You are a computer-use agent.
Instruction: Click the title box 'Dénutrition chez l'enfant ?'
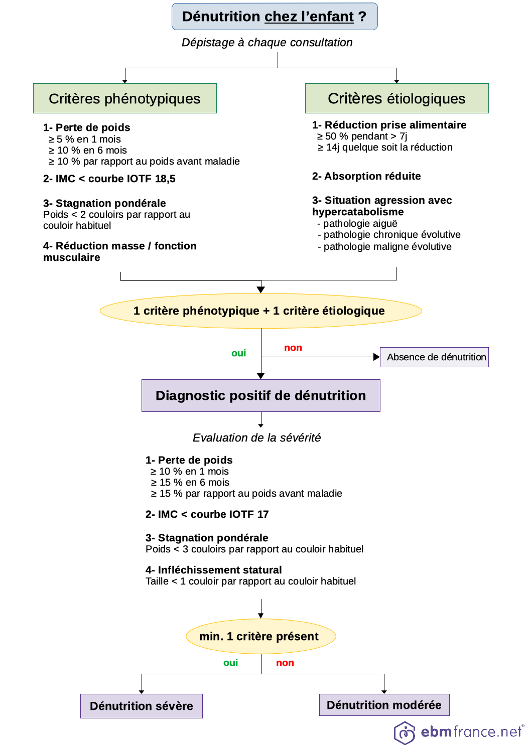(275, 17)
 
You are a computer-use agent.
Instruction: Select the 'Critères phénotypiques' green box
(124, 98)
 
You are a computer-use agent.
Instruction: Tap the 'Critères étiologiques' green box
(397, 98)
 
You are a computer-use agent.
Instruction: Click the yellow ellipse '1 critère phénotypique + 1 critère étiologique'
(260, 311)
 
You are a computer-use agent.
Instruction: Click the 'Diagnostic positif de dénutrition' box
(260, 395)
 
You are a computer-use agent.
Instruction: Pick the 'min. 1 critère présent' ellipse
(260, 636)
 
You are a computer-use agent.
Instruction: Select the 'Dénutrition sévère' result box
(141, 706)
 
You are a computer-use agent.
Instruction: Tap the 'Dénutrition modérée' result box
(384, 705)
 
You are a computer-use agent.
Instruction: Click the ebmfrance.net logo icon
(405, 732)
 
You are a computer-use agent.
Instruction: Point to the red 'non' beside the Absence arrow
(293, 348)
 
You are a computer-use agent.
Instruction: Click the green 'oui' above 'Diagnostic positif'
(238, 353)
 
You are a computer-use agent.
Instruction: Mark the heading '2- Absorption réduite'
(366, 176)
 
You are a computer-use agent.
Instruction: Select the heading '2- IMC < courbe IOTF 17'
(207, 514)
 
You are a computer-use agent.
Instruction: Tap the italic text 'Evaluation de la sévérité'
(256, 437)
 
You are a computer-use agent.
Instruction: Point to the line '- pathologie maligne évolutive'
(385, 246)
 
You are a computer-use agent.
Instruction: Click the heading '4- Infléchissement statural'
(213, 570)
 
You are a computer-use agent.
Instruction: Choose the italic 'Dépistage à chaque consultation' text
(267, 43)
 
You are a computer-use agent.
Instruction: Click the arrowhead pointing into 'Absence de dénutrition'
(376, 357)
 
